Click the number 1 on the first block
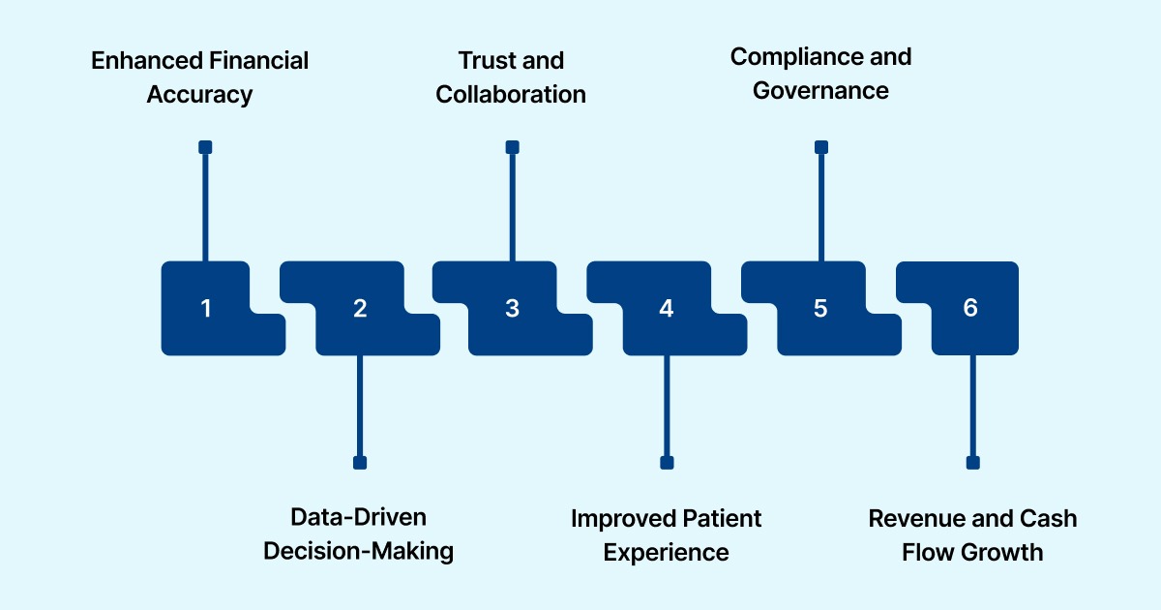205,309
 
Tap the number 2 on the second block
360,309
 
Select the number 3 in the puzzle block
512,309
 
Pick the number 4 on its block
666,309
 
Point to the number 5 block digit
820,309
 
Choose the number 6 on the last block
970,308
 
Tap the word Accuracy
199,95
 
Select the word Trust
485,61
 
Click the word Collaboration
511,95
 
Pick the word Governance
820,91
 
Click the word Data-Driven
358,517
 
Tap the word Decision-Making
358,551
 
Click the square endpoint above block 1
205,147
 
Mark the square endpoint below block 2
360,463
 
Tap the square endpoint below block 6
972,463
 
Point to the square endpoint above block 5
821,147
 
